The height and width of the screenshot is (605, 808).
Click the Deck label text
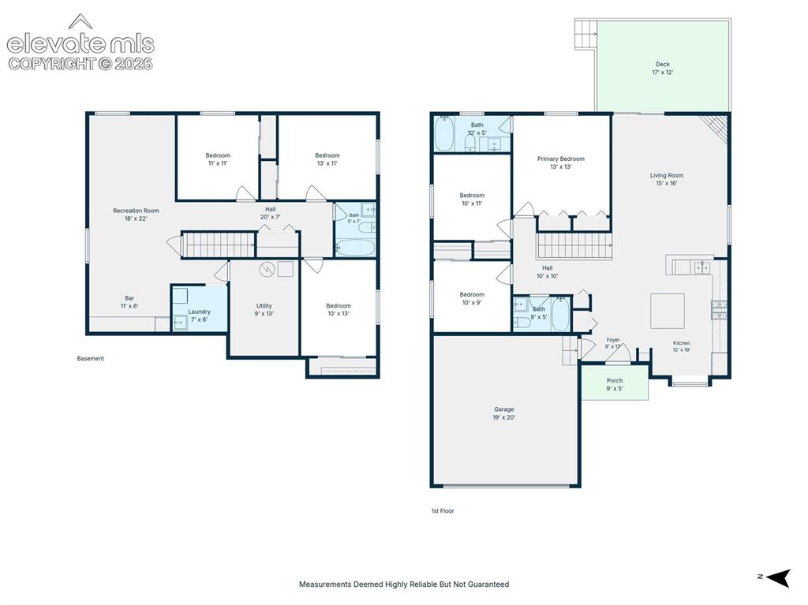point(663,65)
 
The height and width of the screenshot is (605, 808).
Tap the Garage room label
point(504,409)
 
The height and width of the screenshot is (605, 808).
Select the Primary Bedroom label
point(561,159)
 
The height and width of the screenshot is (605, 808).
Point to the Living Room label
point(667,175)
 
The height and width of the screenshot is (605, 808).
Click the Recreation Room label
point(136,211)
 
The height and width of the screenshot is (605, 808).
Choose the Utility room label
point(264,305)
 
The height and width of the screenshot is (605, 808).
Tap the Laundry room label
point(200,312)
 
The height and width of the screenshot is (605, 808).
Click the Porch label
point(615,381)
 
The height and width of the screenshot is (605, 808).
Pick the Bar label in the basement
point(129,298)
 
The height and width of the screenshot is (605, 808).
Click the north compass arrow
point(778,577)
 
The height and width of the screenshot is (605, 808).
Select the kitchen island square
point(668,311)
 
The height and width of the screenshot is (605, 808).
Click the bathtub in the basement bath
point(355,248)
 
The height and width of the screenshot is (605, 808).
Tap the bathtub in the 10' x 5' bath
point(444,134)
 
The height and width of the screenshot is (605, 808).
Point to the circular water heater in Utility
point(267,269)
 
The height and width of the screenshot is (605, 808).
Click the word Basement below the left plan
point(91,359)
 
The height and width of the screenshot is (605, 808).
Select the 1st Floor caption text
point(443,511)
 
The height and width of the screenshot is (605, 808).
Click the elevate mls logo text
point(80,44)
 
